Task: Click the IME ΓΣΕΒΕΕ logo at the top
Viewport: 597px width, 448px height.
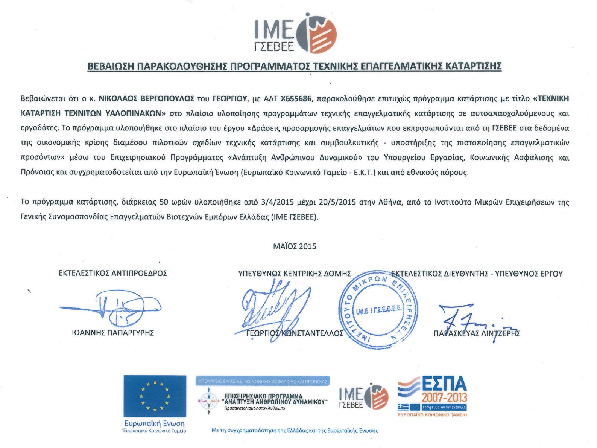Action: click(x=296, y=33)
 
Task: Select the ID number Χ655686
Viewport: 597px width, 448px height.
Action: click(x=296, y=99)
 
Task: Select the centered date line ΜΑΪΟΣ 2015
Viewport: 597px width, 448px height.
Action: click(x=295, y=246)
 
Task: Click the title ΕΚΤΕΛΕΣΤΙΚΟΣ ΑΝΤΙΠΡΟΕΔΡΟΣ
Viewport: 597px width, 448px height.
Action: click(x=112, y=273)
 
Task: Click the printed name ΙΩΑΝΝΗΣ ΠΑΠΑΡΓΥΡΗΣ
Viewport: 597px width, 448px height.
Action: click(x=113, y=333)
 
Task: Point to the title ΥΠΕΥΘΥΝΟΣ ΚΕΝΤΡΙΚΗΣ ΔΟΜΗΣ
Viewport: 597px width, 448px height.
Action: click(x=295, y=274)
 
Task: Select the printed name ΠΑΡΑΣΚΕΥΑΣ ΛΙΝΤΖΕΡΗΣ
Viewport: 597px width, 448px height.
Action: click(x=477, y=333)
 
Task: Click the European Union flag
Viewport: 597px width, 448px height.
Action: click(x=155, y=396)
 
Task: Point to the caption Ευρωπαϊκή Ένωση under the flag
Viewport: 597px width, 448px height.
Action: click(x=155, y=424)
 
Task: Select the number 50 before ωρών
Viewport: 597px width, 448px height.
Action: click(x=164, y=202)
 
